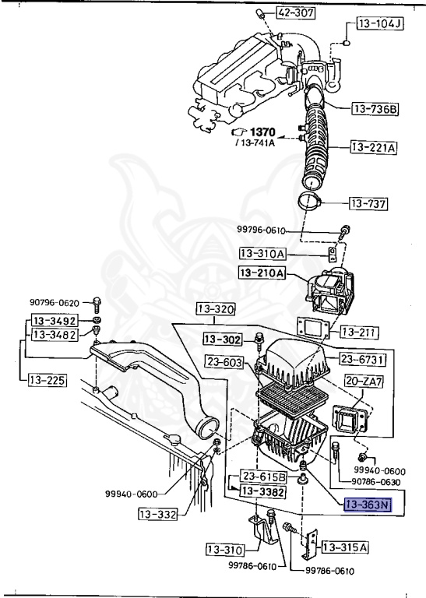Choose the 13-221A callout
click(x=373, y=146)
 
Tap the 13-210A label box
click(x=262, y=273)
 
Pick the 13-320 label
click(x=215, y=309)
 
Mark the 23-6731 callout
click(x=361, y=358)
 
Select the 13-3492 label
click(x=54, y=320)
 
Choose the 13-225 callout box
click(x=47, y=381)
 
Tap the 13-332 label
click(x=159, y=514)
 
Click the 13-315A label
click(x=343, y=547)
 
